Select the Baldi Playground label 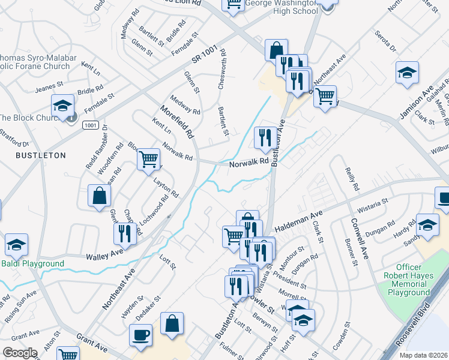(x=32, y=263)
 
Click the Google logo (x=20, y=352)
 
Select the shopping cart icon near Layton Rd (x=148, y=159)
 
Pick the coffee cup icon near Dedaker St (x=141, y=335)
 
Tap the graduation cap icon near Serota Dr (x=407, y=72)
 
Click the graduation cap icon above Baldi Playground (x=16, y=244)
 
